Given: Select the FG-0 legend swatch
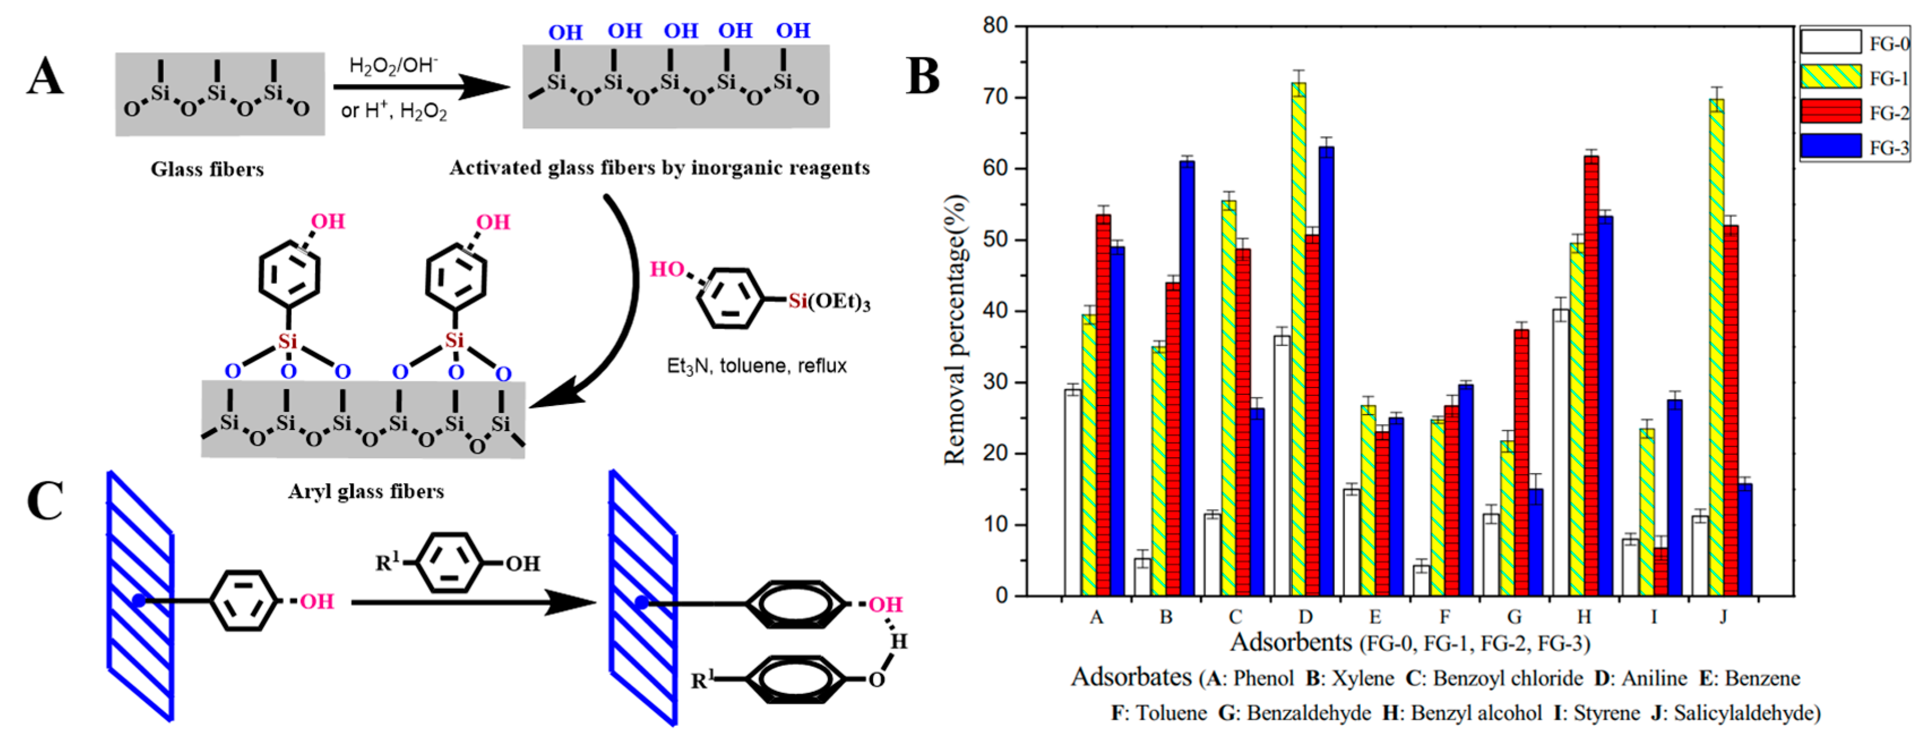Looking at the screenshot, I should pyautogui.click(x=1830, y=42).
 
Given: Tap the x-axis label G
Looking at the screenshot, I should pyautogui.click(x=1514, y=617).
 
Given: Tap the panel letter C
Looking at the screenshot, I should pyautogui.click(x=45, y=501).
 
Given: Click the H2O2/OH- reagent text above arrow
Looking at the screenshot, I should pyautogui.click(x=394, y=66).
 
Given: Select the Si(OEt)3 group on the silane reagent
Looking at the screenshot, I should pyautogui.click(x=828, y=302).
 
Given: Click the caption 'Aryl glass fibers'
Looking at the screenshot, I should pyautogui.click(x=366, y=492).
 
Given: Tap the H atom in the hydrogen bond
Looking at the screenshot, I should pyautogui.click(x=898, y=641).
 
